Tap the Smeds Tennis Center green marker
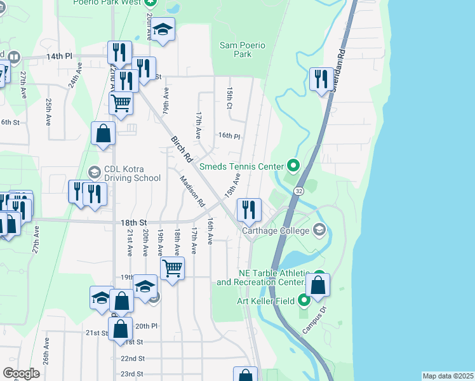pyautogui.click(x=293, y=167)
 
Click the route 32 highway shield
pyautogui.click(x=298, y=190)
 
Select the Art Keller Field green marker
pyautogui.click(x=304, y=300)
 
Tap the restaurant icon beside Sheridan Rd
pyautogui.click(x=321, y=79)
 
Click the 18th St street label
pyautogui.click(x=134, y=222)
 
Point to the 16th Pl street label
pyautogui.click(x=229, y=136)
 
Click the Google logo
pyautogui.click(x=21, y=373)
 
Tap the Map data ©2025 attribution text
pyautogui.click(x=447, y=376)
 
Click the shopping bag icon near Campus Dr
pyautogui.click(x=318, y=285)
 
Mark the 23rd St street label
pyautogui.click(x=133, y=374)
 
